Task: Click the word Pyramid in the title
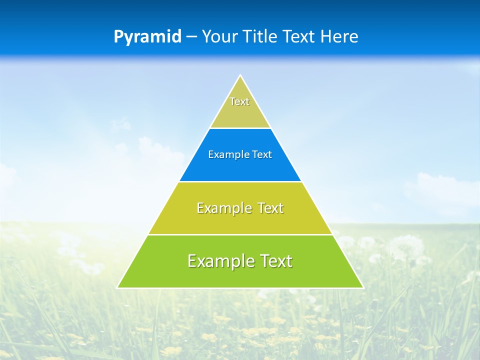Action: pos(147,37)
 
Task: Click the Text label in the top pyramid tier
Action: pos(239,101)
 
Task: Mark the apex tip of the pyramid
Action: pos(240,76)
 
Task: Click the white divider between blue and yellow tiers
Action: pos(240,181)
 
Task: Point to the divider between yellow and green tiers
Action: pos(240,234)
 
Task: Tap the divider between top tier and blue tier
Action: pos(240,128)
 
